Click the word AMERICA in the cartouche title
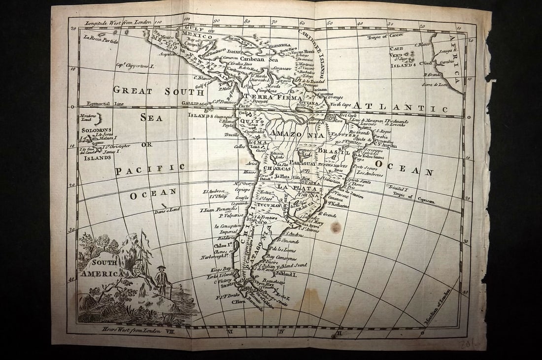point(98,273)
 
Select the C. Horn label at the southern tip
point(238,301)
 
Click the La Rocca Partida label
point(101,40)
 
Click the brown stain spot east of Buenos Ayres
point(336,227)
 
